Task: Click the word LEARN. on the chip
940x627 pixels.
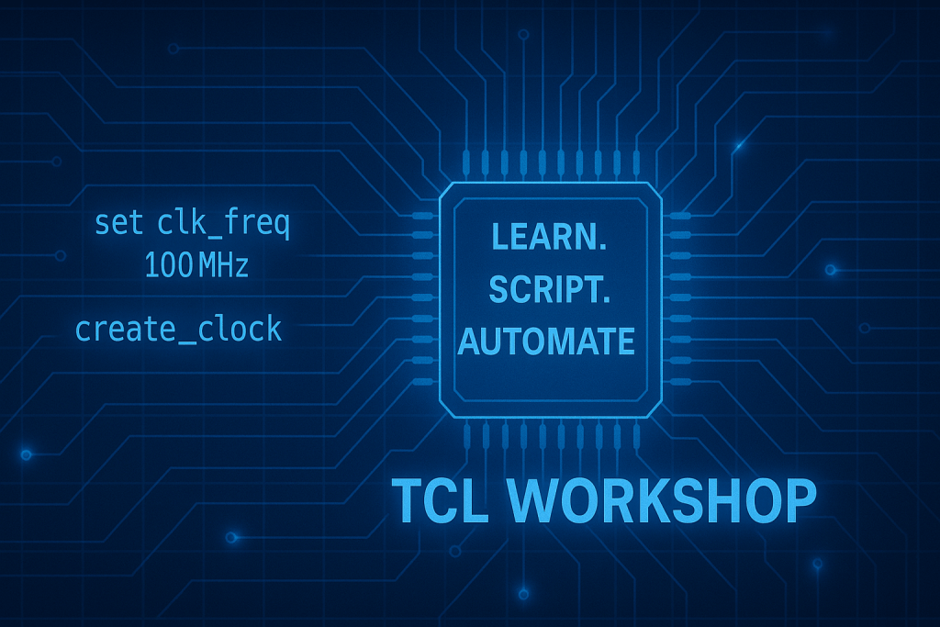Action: tap(548, 236)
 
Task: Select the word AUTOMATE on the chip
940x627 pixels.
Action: tap(547, 341)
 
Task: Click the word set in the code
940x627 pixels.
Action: tap(119, 223)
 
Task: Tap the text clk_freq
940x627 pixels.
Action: tap(224, 224)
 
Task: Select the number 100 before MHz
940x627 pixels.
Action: tap(166, 266)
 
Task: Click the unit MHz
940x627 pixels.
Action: tap(223, 266)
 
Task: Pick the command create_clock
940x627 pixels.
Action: tap(179, 329)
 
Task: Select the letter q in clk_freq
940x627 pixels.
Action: tap(280, 226)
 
